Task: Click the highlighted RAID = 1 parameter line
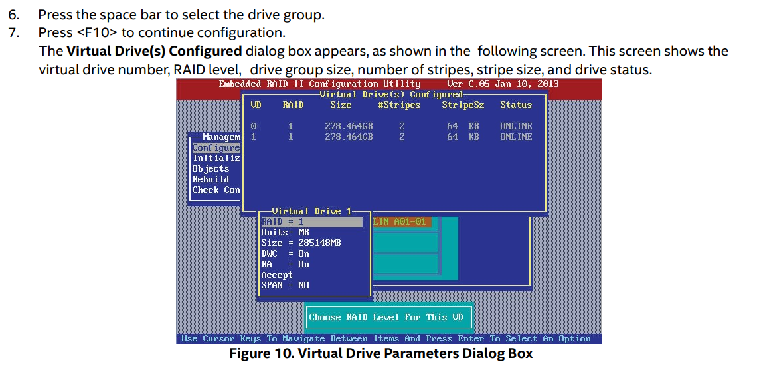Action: click(311, 222)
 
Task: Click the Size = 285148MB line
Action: click(301, 243)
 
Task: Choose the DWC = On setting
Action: click(285, 254)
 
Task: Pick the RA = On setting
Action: click(285, 265)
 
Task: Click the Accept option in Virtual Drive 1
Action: click(277, 275)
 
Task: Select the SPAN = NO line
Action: click(285, 286)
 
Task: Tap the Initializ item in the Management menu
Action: click(216, 158)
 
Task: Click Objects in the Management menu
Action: click(210, 169)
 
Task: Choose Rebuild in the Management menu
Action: click(210, 179)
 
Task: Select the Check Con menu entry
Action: click(216, 190)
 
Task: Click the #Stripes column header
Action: click(399, 105)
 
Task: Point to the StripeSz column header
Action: click(463, 105)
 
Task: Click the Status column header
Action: click(516, 105)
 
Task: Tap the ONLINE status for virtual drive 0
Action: click(516, 126)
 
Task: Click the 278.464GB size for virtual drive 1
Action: click(349, 137)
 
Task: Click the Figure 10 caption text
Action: click(380, 354)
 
